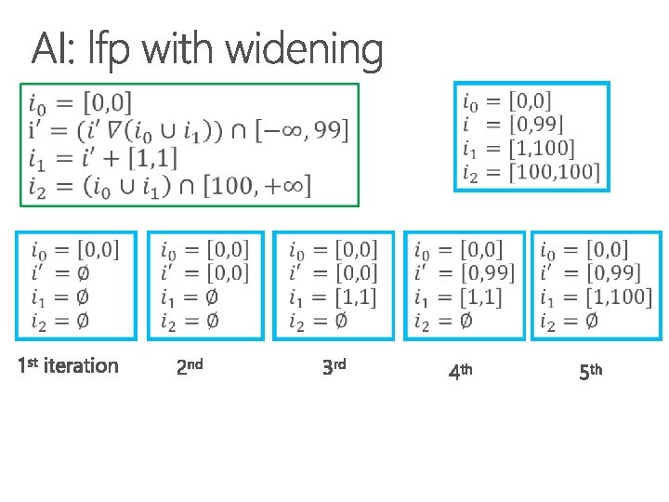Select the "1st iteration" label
point(68,365)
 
